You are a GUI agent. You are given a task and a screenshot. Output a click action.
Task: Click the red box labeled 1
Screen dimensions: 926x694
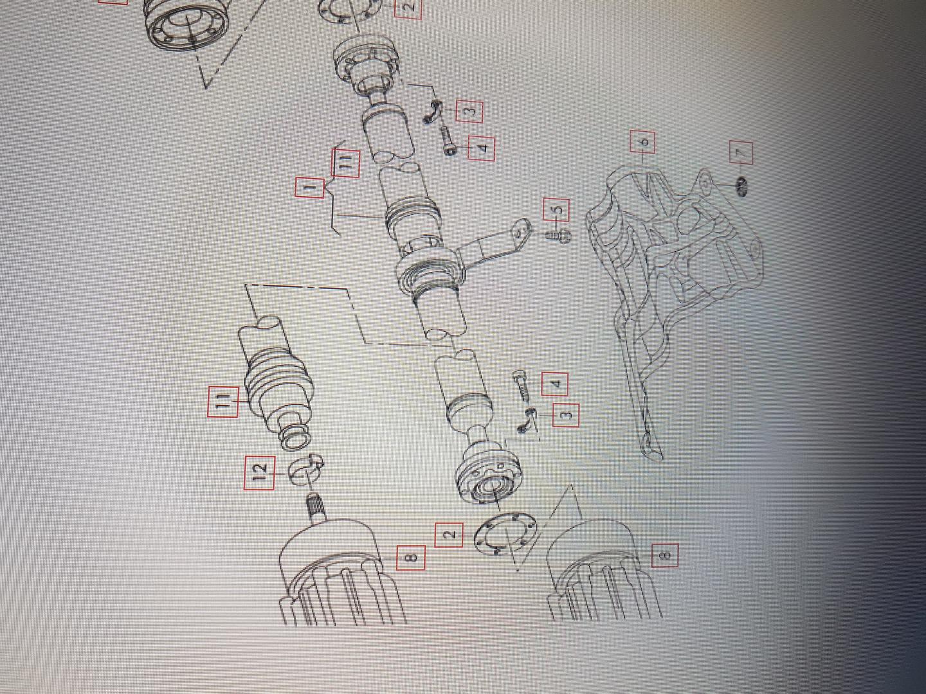(310, 188)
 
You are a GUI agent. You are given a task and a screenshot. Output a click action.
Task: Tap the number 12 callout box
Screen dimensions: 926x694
(259, 473)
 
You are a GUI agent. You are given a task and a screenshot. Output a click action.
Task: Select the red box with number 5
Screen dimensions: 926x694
(556, 210)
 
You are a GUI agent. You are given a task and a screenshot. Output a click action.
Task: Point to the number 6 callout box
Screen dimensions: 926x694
(642, 142)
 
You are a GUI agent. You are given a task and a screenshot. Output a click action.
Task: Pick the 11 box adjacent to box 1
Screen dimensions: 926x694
(346, 163)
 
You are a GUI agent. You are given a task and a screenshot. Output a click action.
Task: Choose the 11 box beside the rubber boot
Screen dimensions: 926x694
(222, 402)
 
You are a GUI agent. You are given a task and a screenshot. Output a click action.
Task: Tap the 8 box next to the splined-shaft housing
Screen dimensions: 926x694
(411, 558)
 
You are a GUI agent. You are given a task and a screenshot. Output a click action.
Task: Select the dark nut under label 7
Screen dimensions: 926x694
(741, 186)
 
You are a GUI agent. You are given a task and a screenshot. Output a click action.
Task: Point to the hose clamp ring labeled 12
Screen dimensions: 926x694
(305, 470)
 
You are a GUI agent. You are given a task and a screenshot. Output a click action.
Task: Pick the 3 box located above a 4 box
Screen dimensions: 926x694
(469, 111)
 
